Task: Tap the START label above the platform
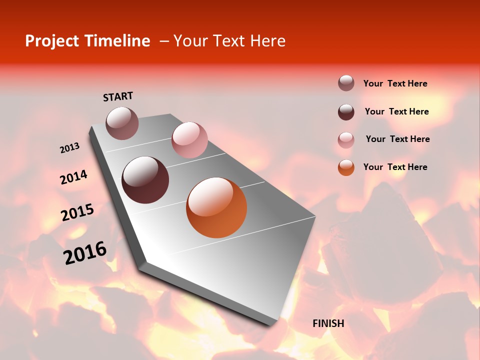[x=118, y=96]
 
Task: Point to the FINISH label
[x=328, y=323]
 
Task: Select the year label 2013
[x=69, y=148]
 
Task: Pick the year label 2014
[x=73, y=177]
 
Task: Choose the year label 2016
[x=85, y=253]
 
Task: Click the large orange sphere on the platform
[x=216, y=207]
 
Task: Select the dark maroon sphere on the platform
[x=145, y=180]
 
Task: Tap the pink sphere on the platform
[x=189, y=140]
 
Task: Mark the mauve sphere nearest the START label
[x=122, y=123]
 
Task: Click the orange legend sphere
[x=346, y=167]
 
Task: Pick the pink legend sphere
[x=346, y=140]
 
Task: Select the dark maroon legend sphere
[x=346, y=112]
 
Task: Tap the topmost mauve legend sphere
[x=346, y=83]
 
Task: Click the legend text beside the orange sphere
[x=395, y=167]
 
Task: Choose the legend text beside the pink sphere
[x=397, y=139]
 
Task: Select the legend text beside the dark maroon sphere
[x=396, y=111]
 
